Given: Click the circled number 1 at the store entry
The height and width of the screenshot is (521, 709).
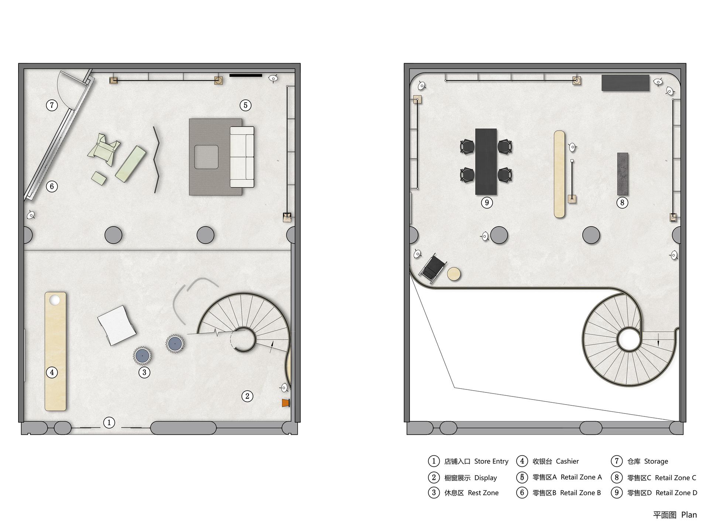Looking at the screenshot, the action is (109, 422).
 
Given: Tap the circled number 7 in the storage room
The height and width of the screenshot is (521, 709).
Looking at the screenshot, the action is (52, 105).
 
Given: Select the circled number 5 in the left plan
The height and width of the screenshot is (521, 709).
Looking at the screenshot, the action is (246, 105).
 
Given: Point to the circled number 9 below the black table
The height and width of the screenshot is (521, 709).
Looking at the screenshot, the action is (487, 202).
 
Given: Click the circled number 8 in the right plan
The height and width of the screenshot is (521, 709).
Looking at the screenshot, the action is (622, 202).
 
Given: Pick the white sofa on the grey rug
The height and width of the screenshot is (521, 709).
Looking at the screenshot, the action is (242, 157).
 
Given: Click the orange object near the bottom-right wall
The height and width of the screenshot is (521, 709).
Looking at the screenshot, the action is (285, 403).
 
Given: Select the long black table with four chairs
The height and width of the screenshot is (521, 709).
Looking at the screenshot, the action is (486, 161).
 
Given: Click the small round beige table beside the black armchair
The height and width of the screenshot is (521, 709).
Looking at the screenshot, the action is (454, 274).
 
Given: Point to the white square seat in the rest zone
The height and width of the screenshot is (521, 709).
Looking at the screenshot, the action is (117, 325).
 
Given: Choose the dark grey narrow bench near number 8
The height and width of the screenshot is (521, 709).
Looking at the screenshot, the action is (623, 174).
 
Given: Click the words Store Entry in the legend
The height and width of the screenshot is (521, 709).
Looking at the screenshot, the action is (491, 461).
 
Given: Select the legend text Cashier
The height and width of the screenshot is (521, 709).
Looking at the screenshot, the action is (567, 461).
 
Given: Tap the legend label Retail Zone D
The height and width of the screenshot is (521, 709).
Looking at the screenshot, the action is (676, 493).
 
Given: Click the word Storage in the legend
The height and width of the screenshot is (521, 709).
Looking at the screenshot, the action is (656, 461).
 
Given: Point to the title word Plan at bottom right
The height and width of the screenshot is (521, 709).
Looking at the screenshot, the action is (689, 515).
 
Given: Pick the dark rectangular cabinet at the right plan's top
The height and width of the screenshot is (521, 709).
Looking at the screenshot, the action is (626, 83).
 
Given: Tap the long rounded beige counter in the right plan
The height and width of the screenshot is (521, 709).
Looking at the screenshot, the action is (559, 174).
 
